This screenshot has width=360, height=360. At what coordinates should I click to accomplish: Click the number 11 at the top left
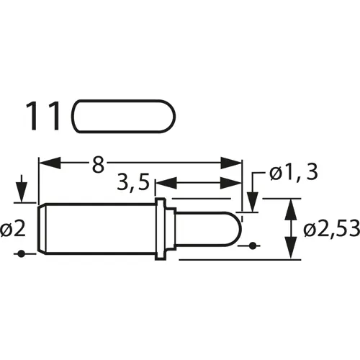click(45, 116)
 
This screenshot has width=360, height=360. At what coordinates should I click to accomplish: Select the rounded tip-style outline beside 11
click(124, 117)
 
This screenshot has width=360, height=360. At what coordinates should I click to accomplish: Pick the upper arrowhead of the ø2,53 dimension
click(290, 207)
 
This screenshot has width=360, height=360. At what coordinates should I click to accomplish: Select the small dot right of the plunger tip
click(251, 246)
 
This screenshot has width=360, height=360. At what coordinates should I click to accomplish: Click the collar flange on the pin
click(163, 228)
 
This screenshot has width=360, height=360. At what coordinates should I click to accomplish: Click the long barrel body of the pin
click(97, 228)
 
